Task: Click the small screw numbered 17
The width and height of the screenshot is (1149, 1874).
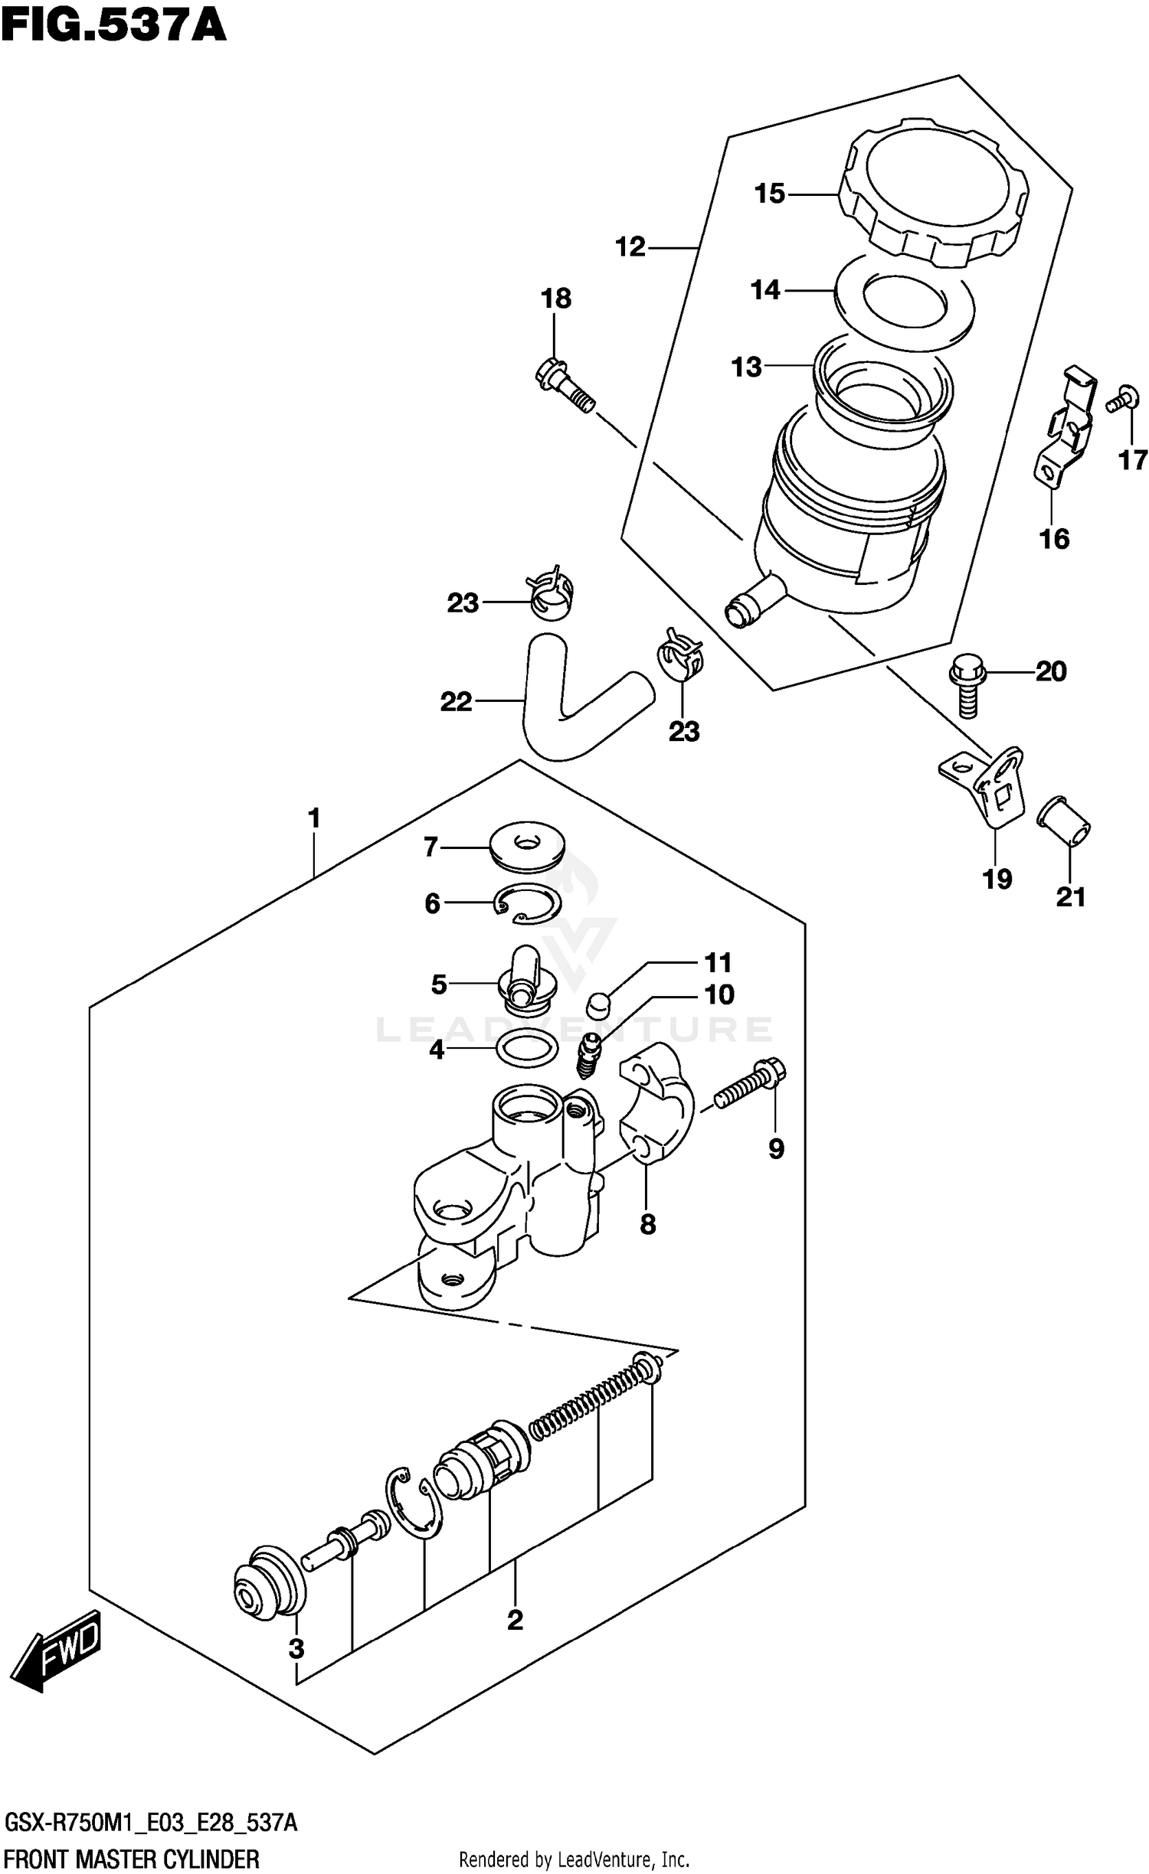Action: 1121,399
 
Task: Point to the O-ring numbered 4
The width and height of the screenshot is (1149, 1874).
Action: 527,1048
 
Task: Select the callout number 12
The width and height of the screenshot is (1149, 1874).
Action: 630,247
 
